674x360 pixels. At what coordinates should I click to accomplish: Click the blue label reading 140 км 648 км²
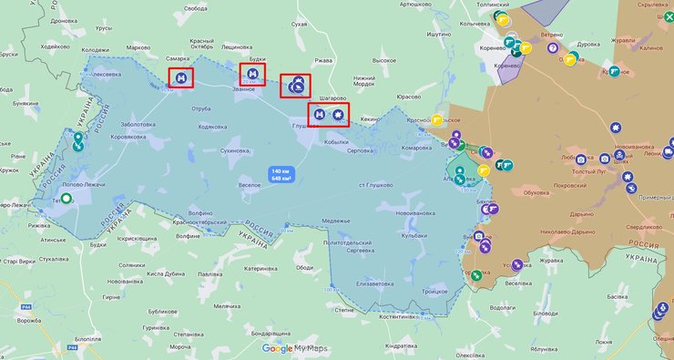pyautogui.click(x=281, y=174)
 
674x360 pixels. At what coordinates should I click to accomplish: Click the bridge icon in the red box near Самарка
pyautogui.click(x=181, y=79)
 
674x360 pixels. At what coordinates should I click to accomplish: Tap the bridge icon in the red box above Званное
pyautogui.click(x=252, y=72)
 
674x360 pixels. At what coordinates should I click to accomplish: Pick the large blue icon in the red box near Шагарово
pyautogui.click(x=295, y=87)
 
